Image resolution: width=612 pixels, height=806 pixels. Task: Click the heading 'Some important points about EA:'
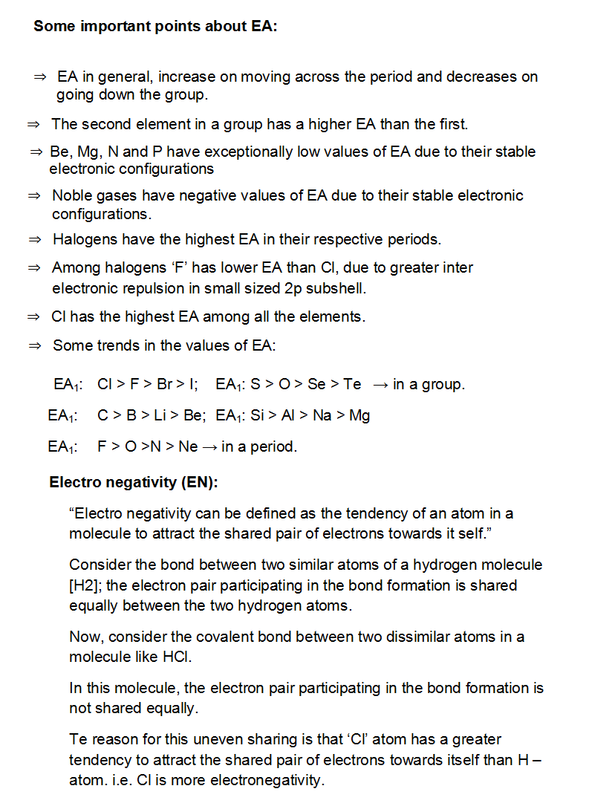[x=155, y=27]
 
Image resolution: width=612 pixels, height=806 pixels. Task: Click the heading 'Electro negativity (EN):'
[x=134, y=483]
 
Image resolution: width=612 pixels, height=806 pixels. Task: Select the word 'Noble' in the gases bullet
[x=71, y=196]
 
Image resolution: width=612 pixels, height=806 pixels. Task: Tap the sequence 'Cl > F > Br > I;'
[x=147, y=385]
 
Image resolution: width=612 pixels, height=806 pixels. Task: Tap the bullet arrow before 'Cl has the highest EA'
[x=33, y=317]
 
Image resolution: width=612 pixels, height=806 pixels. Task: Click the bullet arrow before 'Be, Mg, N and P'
[x=36, y=152]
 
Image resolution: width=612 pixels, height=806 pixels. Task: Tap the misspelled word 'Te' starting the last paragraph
[x=78, y=740]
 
